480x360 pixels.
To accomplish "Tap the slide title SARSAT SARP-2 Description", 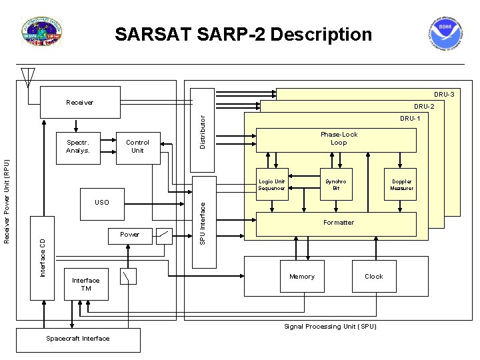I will [243, 34].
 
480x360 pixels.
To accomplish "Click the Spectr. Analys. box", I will [78, 146].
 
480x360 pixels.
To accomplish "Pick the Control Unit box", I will [137, 146].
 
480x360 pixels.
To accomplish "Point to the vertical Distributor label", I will [203, 128].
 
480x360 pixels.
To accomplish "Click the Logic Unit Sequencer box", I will [272, 185].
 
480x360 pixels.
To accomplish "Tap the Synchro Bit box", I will [336, 185].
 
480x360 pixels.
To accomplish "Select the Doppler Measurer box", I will [401, 185].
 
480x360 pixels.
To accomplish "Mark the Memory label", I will [301, 277].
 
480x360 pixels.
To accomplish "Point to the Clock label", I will [373, 277].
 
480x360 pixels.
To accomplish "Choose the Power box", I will [130, 235].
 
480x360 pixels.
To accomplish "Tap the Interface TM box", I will [86, 285].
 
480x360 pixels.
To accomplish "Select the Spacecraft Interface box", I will [78, 339].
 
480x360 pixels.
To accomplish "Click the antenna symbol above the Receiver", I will [27, 77].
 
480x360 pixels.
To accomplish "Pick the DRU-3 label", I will [444, 95].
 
